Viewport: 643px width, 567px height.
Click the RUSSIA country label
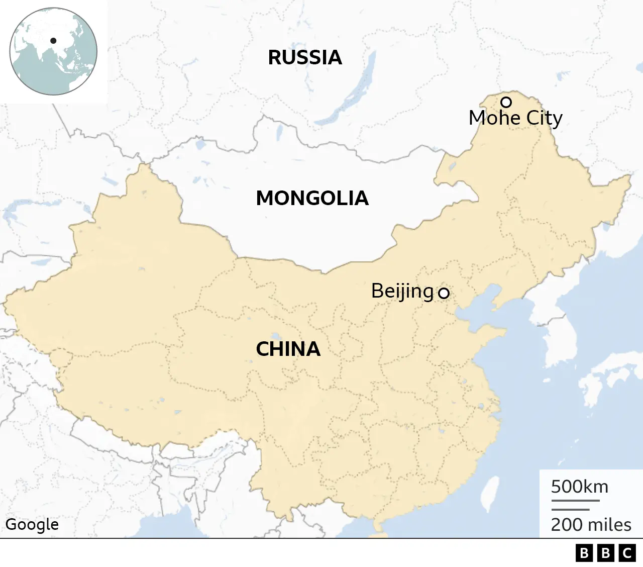click(305, 57)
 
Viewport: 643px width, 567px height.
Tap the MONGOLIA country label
click(312, 198)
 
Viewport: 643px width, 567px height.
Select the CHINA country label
click(288, 349)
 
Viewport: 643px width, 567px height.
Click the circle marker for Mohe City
click(506, 102)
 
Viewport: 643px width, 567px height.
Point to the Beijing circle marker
click(444, 293)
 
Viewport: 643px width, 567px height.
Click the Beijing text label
click(402, 291)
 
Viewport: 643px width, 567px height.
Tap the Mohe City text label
click(515, 118)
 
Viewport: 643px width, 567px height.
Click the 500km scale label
click(579, 487)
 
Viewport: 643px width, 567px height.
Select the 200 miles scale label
click(591, 524)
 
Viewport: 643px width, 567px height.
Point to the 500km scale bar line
click(575, 501)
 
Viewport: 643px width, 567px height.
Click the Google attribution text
click(32, 524)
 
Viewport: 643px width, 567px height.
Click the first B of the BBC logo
click(584, 553)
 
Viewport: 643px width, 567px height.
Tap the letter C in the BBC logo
click(627, 553)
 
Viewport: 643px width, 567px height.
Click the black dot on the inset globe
click(53, 41)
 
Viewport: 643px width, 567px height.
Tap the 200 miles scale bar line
click(570, 510)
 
